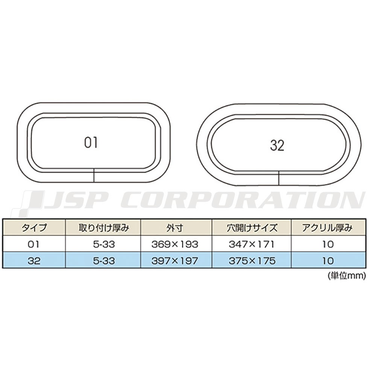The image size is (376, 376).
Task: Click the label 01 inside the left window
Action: point(91,143)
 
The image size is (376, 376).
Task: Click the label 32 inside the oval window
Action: point(277,145)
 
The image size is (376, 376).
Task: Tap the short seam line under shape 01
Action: point(94,175)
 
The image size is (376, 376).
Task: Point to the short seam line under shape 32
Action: point(279,178)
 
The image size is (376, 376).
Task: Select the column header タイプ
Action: point(34,227)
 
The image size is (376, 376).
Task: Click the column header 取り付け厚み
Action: point(104,227)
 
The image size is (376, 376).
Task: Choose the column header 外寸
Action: point(175,227)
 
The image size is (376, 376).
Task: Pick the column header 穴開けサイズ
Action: point(252,227)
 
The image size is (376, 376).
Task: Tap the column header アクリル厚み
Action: point(327,227)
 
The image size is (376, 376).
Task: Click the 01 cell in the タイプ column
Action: point(33,244)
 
